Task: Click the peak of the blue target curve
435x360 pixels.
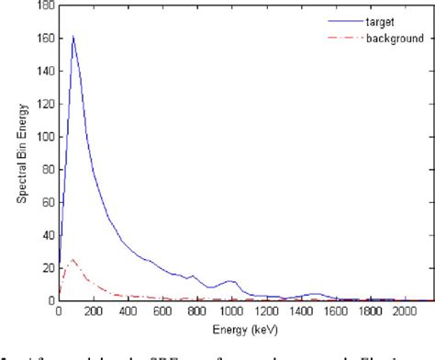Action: click(72, 37)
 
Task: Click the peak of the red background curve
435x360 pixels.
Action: click(72, 259)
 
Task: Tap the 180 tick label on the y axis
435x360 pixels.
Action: click(44, 6)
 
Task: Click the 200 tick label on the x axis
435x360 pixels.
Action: click(92, 311)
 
